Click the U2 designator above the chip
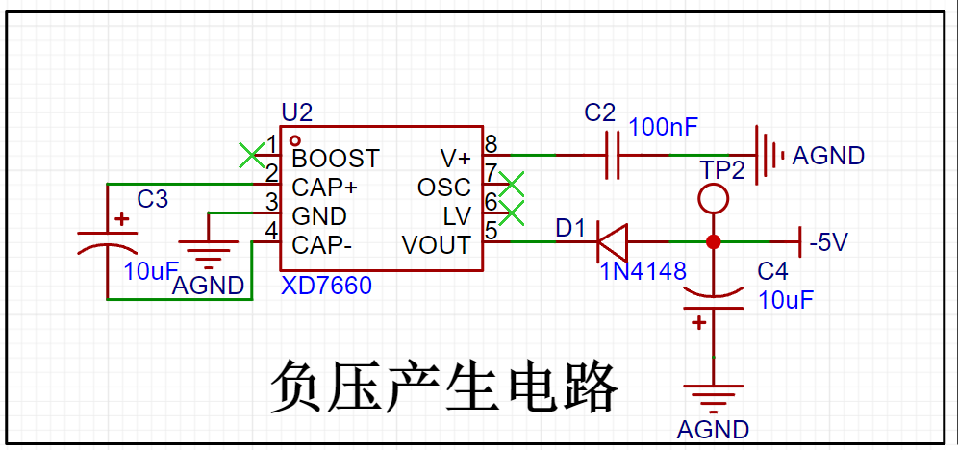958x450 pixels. tap(297, 112)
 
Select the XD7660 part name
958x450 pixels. tap(326, 286)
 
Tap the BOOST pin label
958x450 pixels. tap(336, 158)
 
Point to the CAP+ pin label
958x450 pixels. tap(325, 187)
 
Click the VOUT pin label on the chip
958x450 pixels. tap(436, 245)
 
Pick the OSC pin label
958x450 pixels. tap(444, 187)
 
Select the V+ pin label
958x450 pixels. tap(455, 158)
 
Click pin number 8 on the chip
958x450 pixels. tap(492, 144)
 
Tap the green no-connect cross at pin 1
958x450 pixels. tap(251, 153)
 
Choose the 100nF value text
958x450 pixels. tap(664, 127)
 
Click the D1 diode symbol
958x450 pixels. tap(612, 240)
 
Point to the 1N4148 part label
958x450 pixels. tap(643, 271)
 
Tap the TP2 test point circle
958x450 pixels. tap(713, 199)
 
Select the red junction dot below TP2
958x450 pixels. tap(713, 240)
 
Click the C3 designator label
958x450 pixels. tap(152, 199)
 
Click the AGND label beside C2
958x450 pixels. tap(828, 156)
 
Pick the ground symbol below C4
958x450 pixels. tap(713, 397)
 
